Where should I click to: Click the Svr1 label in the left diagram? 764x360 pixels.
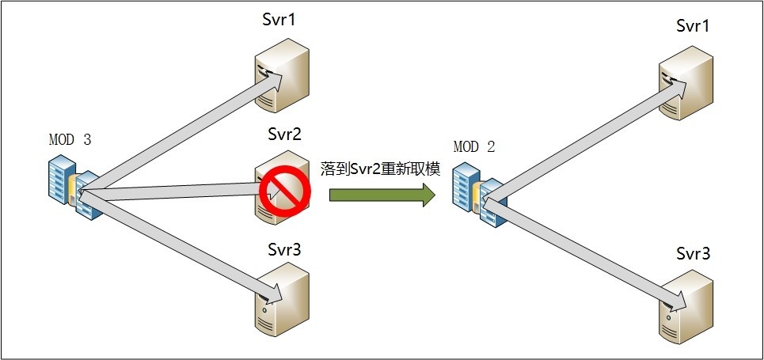point(279,20)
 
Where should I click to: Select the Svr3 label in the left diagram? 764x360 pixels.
point(283,249)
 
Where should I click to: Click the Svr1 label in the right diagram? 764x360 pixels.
point(693,27)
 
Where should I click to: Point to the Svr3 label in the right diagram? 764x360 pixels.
point(693,254)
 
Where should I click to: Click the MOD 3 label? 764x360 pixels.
point(70,140)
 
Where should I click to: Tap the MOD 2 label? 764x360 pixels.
point(474,147)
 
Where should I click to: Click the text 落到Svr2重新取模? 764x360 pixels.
point(379,169)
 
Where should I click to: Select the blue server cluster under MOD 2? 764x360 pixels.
point(477,193)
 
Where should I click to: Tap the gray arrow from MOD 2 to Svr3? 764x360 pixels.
point(582,252)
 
